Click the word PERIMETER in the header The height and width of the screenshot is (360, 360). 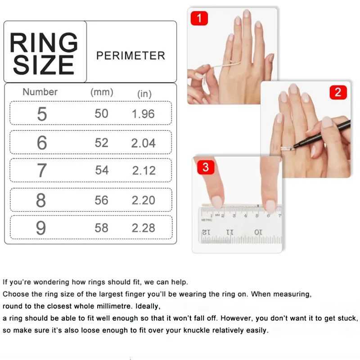[130, 56]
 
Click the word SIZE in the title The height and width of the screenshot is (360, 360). [44, 66]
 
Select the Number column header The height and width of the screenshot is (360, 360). [40, 92]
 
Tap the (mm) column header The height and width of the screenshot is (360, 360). [102, 92]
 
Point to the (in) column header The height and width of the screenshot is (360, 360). [144, 94]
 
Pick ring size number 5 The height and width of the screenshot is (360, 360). [41, 114]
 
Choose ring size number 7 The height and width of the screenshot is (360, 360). [41, 171]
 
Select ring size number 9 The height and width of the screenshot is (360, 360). [41, 228]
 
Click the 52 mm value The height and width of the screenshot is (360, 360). [101, 143]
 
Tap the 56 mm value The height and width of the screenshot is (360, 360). [101, 200]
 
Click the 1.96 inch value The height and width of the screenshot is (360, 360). [143, 114]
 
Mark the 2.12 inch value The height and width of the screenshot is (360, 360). [144, 171]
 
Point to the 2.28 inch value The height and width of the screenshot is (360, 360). [143, 228]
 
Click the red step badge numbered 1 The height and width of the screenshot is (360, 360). [199, 18]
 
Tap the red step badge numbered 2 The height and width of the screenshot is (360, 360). [338, 93]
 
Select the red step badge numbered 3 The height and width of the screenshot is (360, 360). [206, 167]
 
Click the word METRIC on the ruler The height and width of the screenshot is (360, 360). [207, 220]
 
